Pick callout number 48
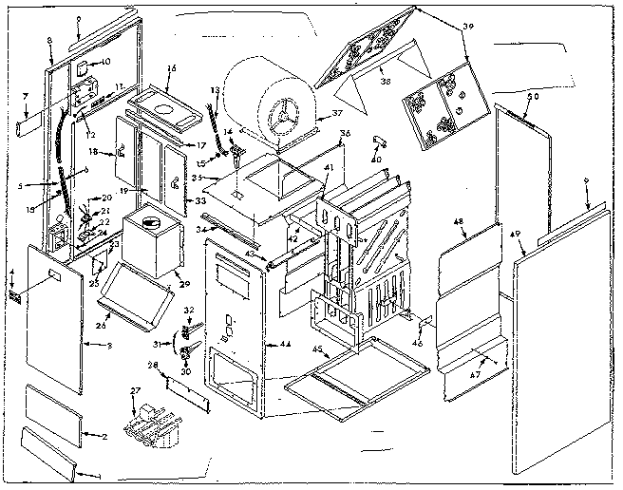460,223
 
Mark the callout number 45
316,349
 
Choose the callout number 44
285,343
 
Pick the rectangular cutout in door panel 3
55,276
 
